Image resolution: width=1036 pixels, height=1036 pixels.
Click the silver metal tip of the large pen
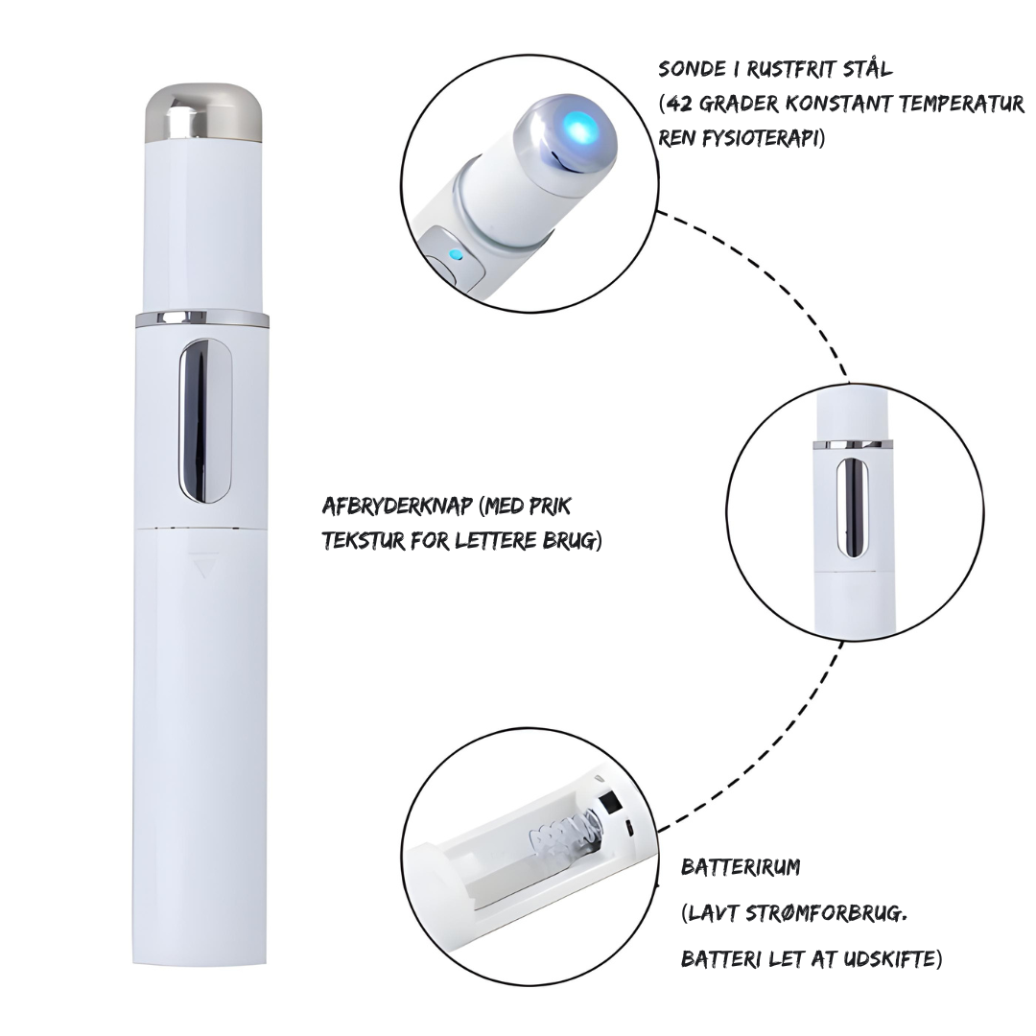click(203, 113)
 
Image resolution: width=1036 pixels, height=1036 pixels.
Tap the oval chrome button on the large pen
click(205, 420)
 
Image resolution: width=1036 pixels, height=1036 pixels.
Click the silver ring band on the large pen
click(201, 318)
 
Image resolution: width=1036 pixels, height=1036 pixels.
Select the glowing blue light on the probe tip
click(577, 127)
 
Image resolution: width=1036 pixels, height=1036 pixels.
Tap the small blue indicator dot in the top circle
click(455, 253)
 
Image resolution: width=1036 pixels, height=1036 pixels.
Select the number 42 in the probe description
click(679, 105)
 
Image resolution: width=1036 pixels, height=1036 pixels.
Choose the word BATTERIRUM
click(740, 867)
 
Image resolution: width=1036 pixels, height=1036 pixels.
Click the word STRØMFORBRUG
click(825, 914)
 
